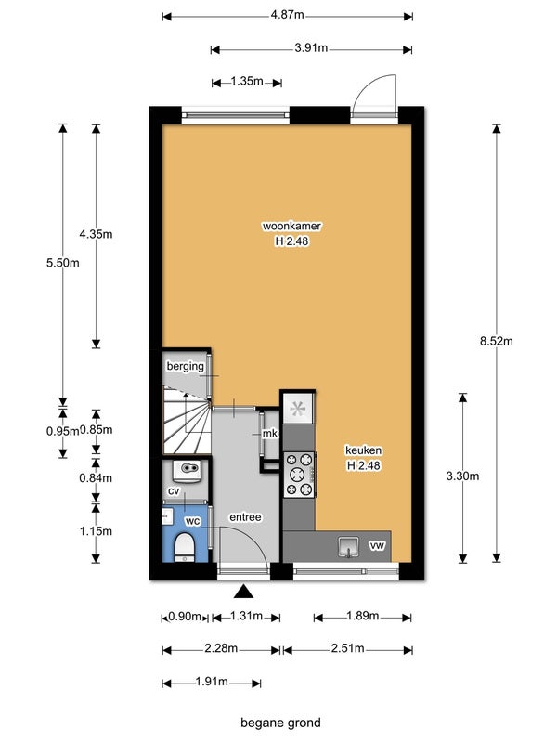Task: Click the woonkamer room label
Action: point(291,226)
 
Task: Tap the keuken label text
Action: point(363,450)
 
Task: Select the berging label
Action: point(185,366)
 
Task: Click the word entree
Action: point(245,517)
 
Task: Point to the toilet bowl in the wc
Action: point(184,547)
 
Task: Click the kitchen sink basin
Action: point(349,547)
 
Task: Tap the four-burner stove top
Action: point(299,475)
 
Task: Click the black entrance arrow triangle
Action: point(242,592)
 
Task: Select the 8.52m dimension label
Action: point(497,341)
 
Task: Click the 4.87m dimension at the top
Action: point(288,15)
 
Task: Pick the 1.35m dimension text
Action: point(247,81)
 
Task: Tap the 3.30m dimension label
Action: point(462,476)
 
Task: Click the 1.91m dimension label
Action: point(212,682)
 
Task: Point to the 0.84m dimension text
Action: point(96,478)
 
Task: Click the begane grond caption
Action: point(281,723)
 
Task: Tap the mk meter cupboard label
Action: point(270,433)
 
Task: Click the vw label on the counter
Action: point(377,546)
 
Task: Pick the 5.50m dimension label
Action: point(63,263)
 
